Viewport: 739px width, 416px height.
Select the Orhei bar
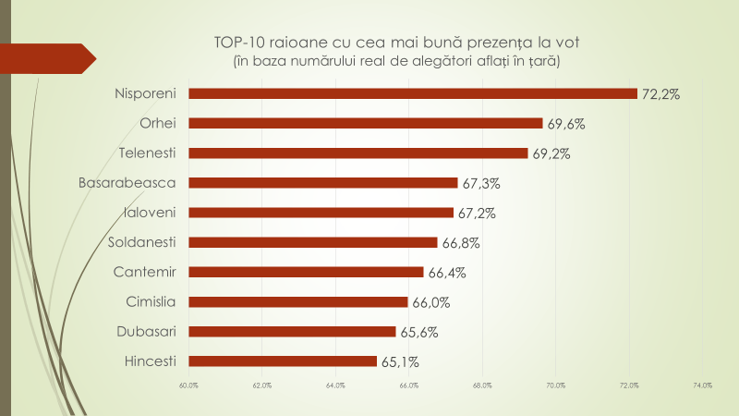[366, 123]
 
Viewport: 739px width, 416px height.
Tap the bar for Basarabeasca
[323, 182]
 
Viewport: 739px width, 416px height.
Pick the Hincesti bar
[283, 361]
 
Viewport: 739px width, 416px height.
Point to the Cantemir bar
[306, 272]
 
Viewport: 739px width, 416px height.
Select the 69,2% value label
[551, 153]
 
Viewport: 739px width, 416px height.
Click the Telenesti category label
[148, 153]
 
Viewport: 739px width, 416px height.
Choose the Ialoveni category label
[151, 212]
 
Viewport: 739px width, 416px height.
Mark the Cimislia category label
[151, 301]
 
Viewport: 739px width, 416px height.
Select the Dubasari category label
[148, 331]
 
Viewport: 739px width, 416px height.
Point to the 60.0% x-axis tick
[188, 385]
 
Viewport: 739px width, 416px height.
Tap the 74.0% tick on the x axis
[701, 385]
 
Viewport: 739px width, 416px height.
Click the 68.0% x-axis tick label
[481, 385]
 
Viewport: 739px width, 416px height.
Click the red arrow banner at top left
[46, 57]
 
